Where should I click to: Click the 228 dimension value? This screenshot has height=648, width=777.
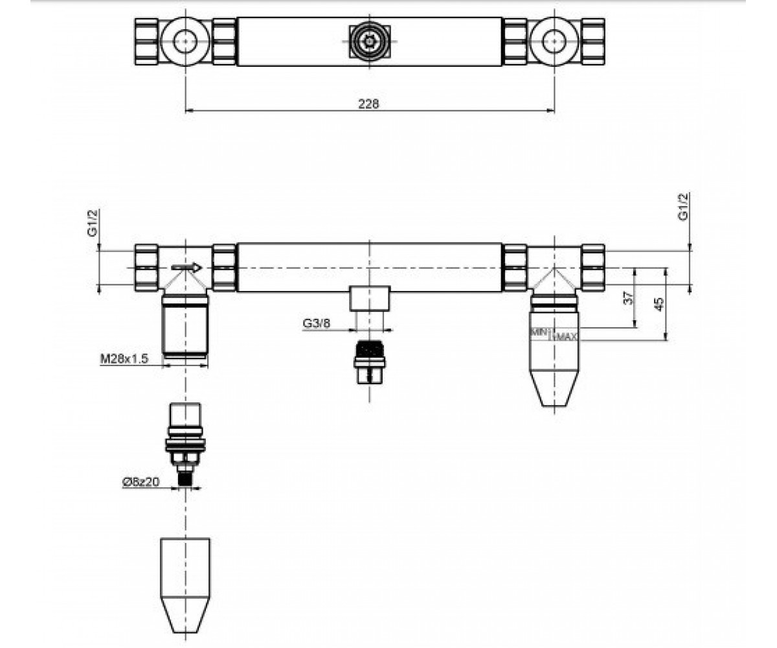(368, 104)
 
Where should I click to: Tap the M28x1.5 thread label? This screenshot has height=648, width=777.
(124, 358)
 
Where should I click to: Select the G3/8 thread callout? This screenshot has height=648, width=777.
(317, 323)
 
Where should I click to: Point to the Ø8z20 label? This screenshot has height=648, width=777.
(141, 482)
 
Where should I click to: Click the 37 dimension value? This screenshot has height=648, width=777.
(628, 297)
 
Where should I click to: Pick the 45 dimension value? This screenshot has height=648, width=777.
(659, 304)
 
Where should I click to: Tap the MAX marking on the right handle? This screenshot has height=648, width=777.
(567, 337)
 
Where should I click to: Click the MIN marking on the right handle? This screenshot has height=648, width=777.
(538, 331)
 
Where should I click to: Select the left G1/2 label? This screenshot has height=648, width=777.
(92, 223)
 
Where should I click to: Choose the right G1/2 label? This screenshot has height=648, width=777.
(683, 207)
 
